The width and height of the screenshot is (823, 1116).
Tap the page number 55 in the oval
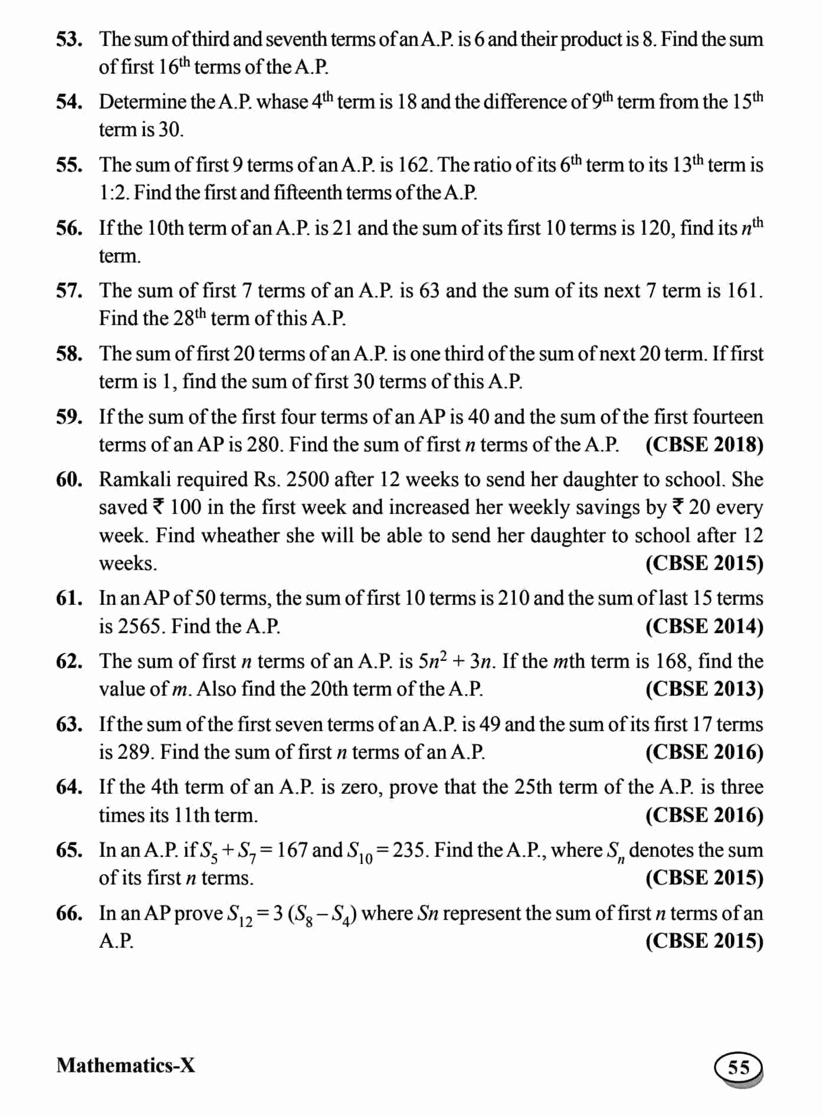[739, 1067]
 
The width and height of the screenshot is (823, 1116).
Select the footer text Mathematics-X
[126, 1065]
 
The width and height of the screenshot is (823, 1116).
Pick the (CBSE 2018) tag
[704, 444]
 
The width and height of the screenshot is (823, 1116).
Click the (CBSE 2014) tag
[704, 626]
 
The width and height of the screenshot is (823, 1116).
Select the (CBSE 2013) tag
[704, 689]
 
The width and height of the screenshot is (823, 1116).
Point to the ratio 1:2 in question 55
[113, 192]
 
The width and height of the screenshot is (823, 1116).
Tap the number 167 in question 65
[291, 850]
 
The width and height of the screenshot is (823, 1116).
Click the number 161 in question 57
[744, 290]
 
